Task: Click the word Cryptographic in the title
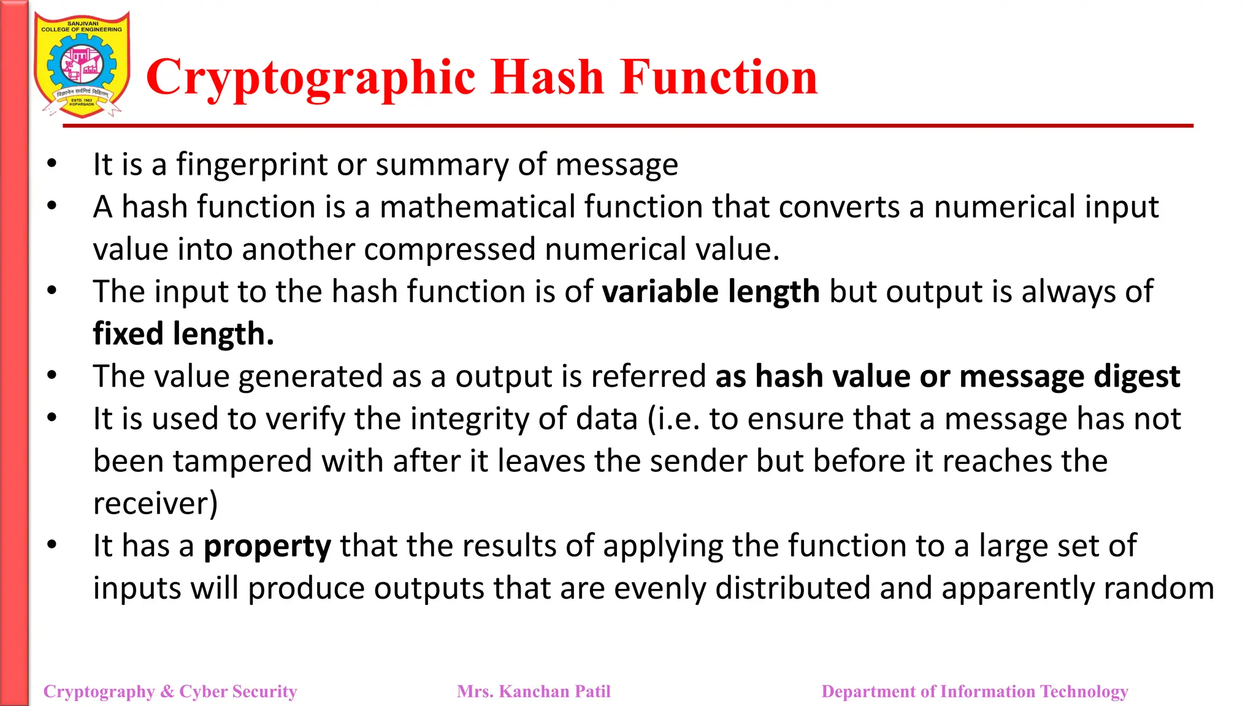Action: [x=310, y=78]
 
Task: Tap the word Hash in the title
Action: [x=548, y=77]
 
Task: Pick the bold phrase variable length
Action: [x=711, y=292]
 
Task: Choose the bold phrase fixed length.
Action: [x=183, y=334]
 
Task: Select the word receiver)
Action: [x=155, y=504]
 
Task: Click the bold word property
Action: [x=267, y=546]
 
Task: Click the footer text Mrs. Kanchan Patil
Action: [x=534, y=691]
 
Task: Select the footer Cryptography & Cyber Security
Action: [x=170, y=691]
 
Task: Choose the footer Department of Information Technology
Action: [x=975, y=691]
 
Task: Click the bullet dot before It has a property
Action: [x=52, y=544]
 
